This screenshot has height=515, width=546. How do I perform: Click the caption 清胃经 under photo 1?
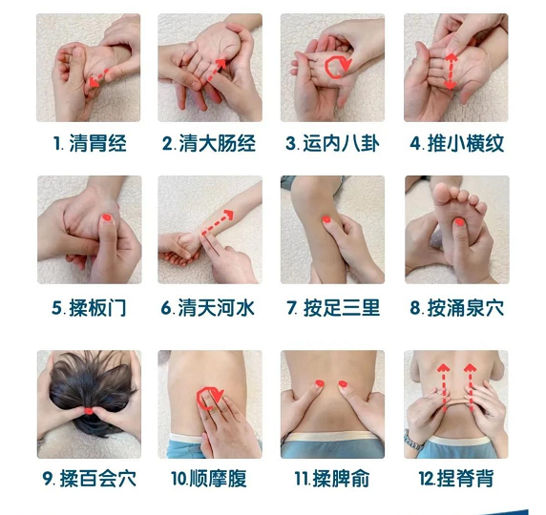click(x=90, y=143)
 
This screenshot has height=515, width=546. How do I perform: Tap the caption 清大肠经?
click(x=209, y=143)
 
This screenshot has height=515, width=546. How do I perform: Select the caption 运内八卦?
click(x=332, y=143)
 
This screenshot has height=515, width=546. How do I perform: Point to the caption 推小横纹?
click(x=457, y=143)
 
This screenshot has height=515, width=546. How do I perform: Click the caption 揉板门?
click(x=89, y=308)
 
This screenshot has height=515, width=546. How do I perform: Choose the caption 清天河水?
click(x=208, y=308)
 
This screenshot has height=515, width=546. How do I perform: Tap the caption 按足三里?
click(x=333, y=308)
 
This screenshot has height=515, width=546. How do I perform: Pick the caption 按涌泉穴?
click(x=457, y=308)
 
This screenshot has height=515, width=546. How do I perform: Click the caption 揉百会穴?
click(x=90, y=478)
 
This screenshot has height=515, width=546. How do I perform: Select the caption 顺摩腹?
click(x=209, y=478)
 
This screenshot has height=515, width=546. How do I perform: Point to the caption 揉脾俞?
click(x=332, y=478)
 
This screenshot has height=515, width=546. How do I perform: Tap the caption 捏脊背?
click(x=456, y=478)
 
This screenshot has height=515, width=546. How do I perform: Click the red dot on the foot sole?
click(x=460, y=221)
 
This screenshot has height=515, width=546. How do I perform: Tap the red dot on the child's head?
click(x=89, y=411)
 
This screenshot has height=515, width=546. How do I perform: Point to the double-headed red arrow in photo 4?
click(x=451, y=72)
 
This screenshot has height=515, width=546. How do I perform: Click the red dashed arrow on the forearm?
click(x=218, y=222)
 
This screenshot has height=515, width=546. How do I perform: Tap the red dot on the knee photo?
click(x=326, y=219)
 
